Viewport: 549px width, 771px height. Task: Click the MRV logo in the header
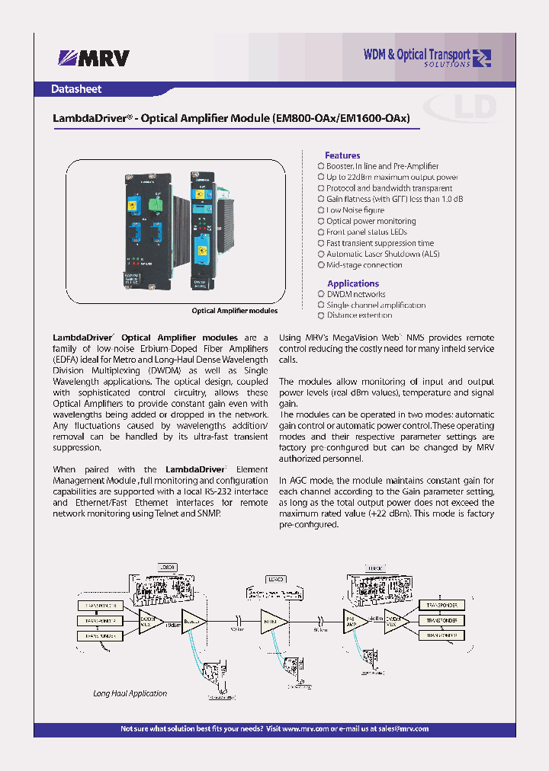coord(92,58)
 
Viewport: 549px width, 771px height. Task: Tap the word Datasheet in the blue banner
coord(76,89)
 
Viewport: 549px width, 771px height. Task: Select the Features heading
coord(342,155)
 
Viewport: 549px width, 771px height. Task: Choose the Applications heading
coord(352,283)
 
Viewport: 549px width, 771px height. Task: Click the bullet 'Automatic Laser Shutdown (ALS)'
coord(383,254)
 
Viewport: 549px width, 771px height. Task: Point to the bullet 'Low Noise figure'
coord(355,210)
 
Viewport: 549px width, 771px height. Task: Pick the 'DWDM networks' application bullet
coord(355,294)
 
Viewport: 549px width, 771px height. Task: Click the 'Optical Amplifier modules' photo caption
coord(234,311)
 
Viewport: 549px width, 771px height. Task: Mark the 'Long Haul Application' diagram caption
coord(130,693)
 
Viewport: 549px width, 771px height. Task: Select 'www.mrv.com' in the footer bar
coord(305,729)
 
